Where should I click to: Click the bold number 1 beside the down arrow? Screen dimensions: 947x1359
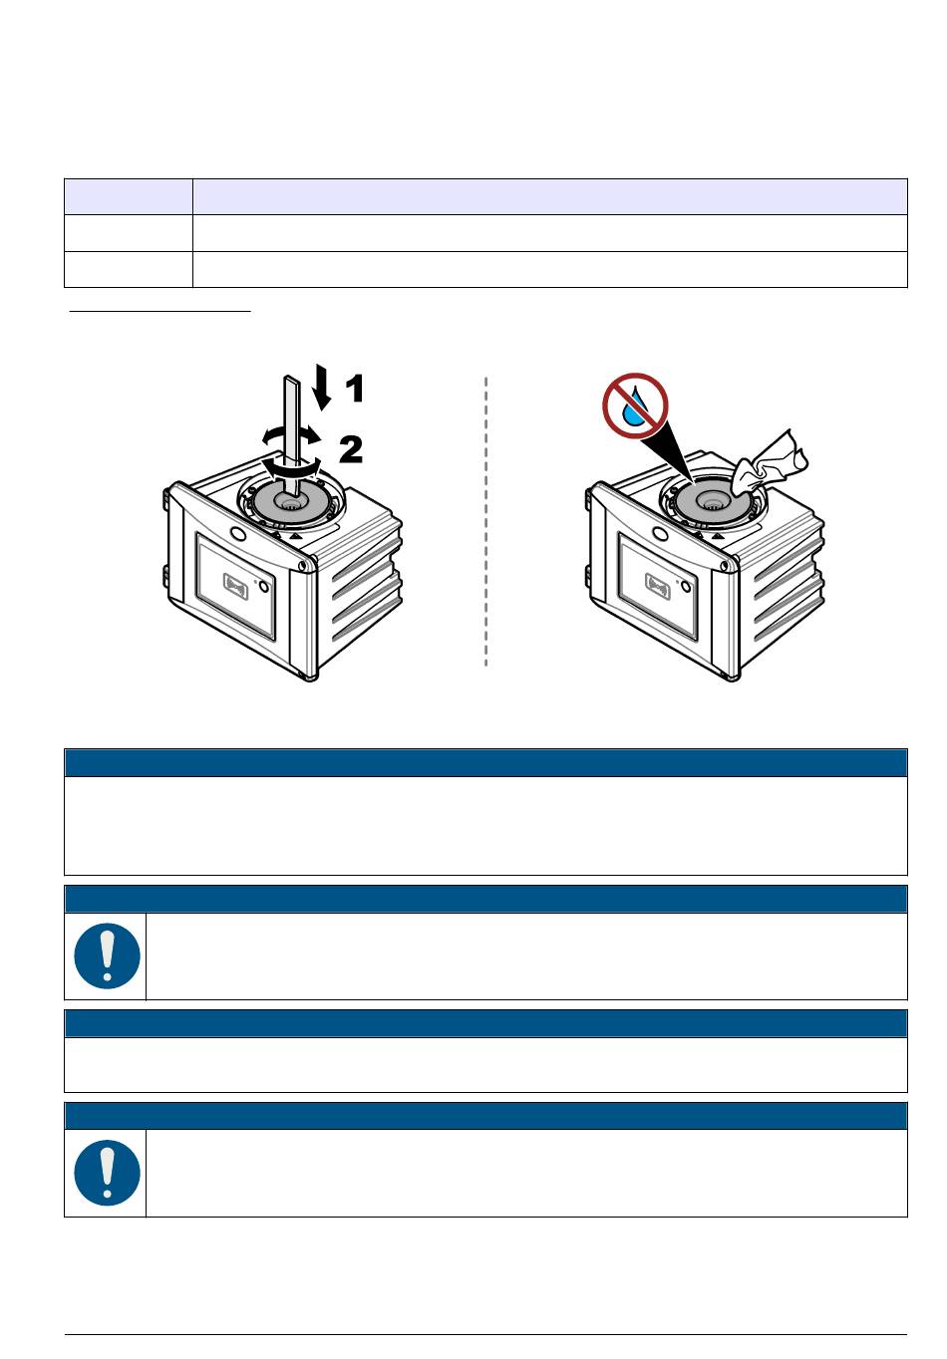point(355,389)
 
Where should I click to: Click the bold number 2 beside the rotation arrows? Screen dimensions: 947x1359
point(350,449)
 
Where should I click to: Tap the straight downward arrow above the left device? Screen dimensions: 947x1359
point(322,387)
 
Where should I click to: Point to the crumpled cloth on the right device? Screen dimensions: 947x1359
point(769,463)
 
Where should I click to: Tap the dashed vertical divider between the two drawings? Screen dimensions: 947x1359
point(485,522)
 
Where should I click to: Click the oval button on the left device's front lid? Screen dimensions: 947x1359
point(238,534)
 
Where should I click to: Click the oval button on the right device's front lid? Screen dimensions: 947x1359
point(660,534)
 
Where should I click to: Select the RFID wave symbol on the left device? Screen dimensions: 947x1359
point(237,586)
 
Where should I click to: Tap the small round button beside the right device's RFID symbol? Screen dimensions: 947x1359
point(686,586)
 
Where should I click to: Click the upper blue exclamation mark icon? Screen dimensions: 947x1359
point(107,955)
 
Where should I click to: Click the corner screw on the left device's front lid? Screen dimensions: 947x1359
point(302,566)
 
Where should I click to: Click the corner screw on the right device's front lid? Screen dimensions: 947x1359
point(724,566)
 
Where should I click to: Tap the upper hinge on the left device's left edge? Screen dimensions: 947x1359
point(165,500)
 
